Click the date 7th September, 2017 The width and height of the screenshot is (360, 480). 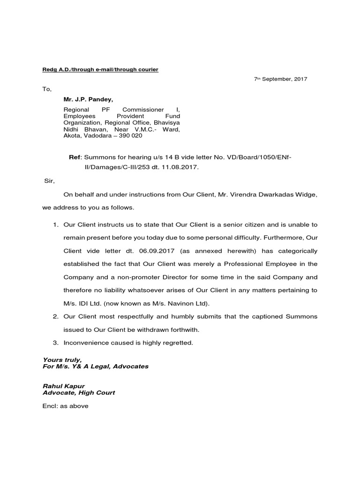pyautogui.click(x=280, y=79)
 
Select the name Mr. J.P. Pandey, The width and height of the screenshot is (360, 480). pyautogui.click(x=89, y=99)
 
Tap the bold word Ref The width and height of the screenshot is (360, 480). pyautogui.click(x=75, y=157)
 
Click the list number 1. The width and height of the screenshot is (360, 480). pyautogui.click(x=55, y=225)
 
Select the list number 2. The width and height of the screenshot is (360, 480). pyautogui.click(x=55, y=316)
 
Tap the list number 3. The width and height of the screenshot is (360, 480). pyautogui.click(x=55, y=343)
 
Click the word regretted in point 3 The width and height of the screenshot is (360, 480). pyautogui.click(x=176, y=343)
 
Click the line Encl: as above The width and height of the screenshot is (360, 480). pyautogui.click(x=65, y=406)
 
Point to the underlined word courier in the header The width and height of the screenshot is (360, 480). pyautogui.click(x=147, y=69)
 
